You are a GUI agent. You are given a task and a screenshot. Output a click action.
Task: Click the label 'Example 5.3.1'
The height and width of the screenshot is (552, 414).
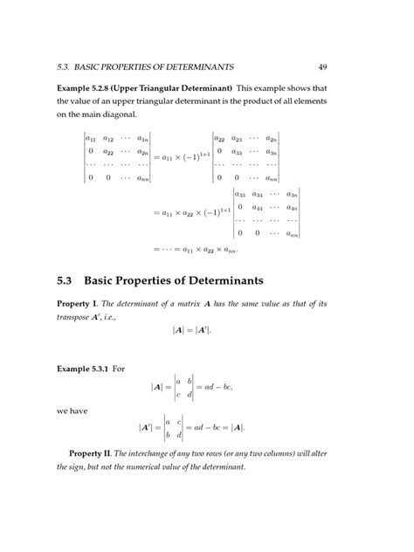click(x=85, y=369)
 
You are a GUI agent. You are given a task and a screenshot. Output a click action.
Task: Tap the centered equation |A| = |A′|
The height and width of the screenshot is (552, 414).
click(x=191, y=330)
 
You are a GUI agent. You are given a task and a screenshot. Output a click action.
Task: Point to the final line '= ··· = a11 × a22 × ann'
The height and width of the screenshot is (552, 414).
click(x=196, y=248)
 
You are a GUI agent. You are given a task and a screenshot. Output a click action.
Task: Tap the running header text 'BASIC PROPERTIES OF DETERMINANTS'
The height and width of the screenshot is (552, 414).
click(x=154, y=66)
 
